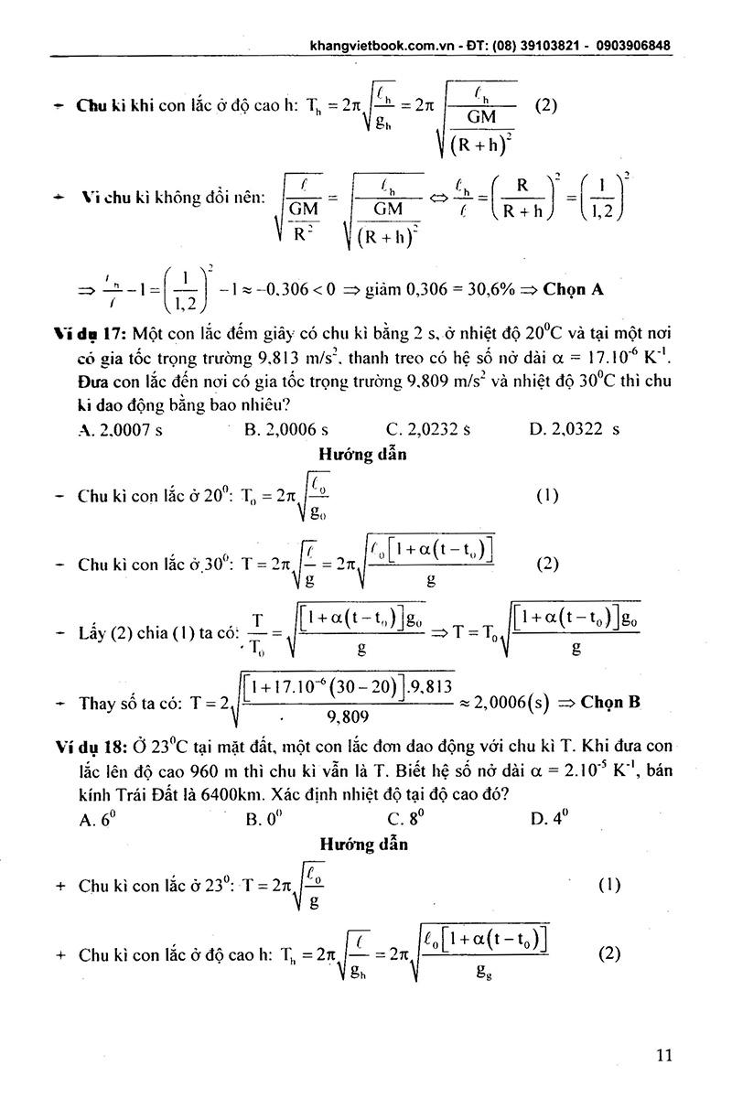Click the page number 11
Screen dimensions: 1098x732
(x=665, y=1055)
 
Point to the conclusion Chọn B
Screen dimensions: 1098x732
(x=610, y=702)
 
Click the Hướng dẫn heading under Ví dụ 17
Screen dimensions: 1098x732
(x=363, y=453)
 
